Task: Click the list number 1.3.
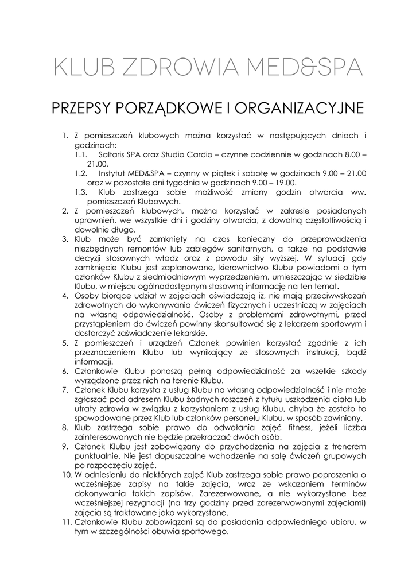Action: point(81,192)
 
